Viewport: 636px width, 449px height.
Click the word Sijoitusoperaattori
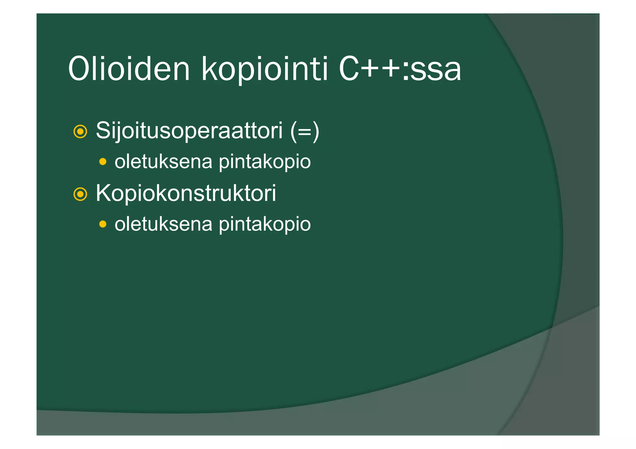coord(189,131)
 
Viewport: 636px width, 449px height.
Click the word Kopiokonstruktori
coord(186,193)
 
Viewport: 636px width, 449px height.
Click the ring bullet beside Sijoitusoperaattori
coord(80,132)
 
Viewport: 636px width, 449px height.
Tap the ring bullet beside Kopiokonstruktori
coord(80,194)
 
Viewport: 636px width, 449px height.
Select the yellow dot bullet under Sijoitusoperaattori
coord(103,162)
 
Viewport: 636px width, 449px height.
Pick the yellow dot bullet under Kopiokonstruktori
coord(103,224)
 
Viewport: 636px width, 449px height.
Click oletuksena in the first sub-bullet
coord(163,162)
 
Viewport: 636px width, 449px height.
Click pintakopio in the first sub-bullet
coord(265,162)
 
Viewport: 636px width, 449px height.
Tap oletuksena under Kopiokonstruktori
coord(163,224)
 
